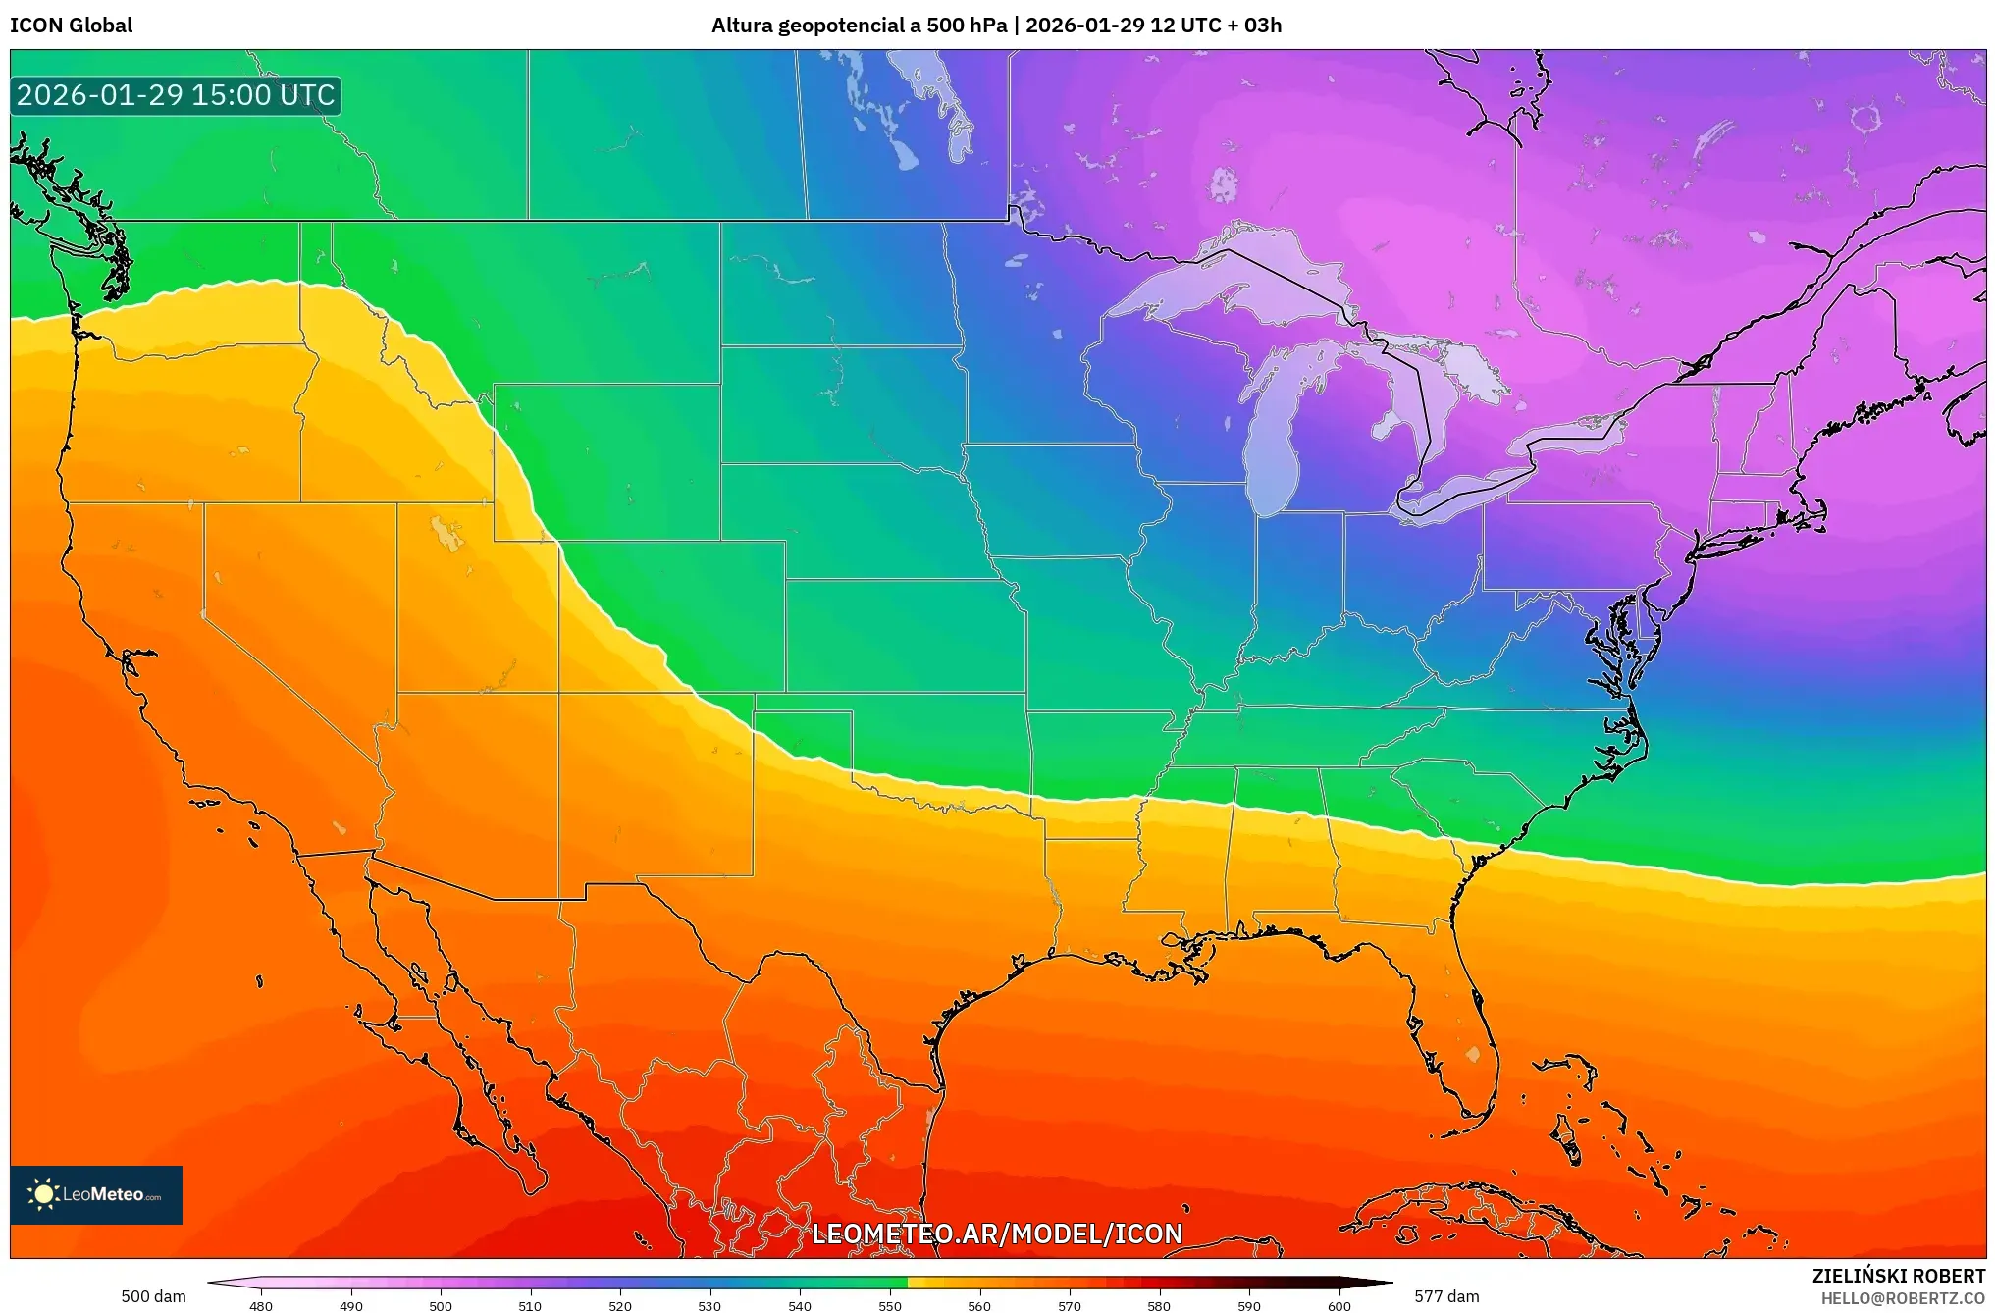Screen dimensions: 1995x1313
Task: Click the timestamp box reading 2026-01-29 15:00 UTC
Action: point(176,95)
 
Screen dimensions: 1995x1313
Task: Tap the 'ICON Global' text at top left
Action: point(71,26)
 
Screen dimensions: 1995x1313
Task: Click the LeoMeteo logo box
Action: point(96,1194)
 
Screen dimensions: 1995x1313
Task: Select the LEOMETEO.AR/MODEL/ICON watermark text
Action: point(997,1234)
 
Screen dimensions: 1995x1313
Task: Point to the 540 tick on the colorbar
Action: point(800,1306)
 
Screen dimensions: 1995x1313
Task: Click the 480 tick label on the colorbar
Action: point(261,1306)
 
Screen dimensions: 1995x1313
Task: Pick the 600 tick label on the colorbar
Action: point(1339,1306)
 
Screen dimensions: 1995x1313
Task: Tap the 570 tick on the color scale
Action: point(1070,1306)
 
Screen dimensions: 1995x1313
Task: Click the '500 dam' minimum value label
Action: point(153,1296)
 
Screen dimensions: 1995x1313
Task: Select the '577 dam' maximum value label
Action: point(1446,1296)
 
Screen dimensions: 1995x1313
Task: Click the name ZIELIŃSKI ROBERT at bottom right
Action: point(1898,1276)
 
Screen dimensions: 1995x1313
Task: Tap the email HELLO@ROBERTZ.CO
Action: point(1903,1298)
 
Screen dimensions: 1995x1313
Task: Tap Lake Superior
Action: point(1227,280)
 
